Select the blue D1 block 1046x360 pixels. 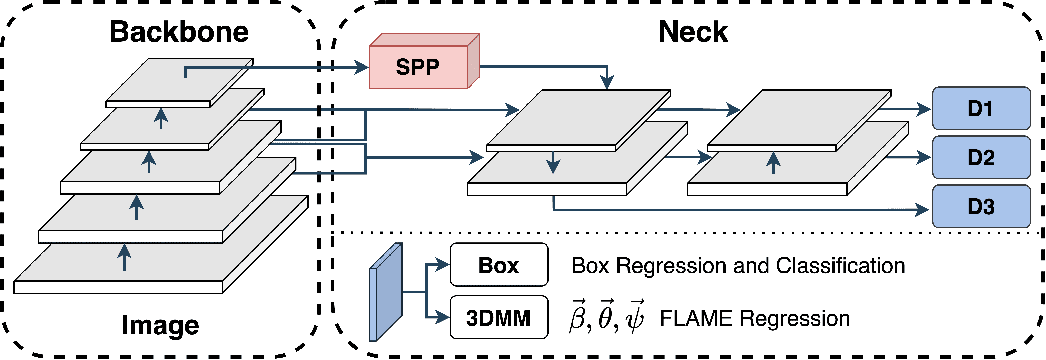(x=981, y=108)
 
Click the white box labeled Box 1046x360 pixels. (x=499, y=265)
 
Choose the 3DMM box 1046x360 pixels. (x=499, y=317)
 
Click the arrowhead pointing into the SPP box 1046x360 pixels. (x=361, y=67)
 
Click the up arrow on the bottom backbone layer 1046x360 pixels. (x=124, y=257)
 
